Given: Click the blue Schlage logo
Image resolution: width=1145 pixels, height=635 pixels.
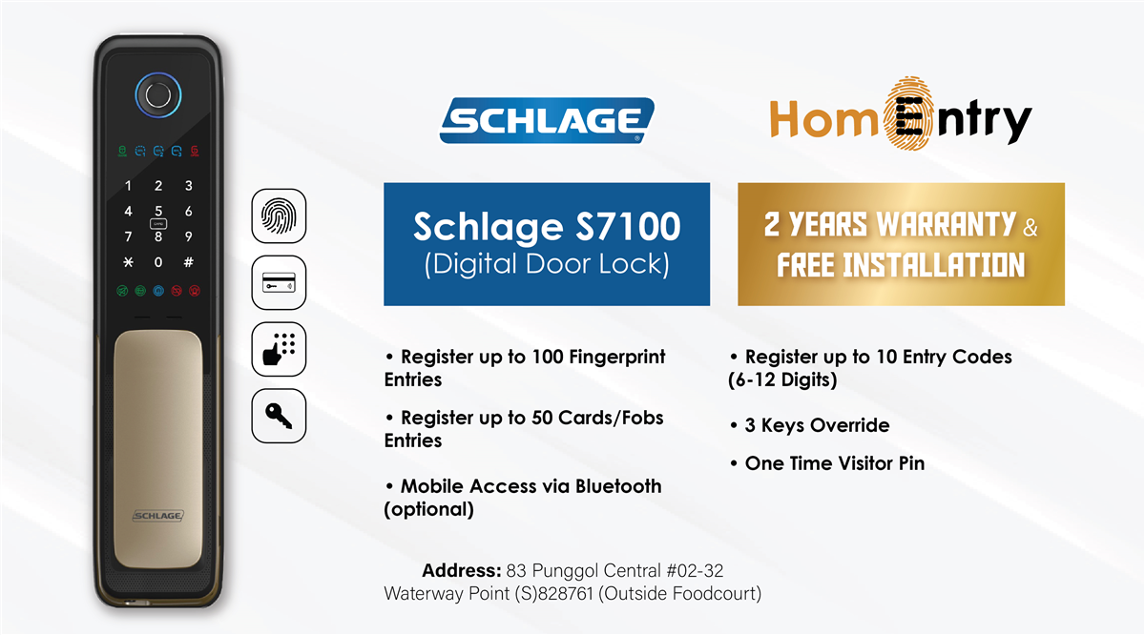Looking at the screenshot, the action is point(547,120).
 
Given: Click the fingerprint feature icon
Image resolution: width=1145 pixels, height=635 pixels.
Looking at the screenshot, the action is point(279,215).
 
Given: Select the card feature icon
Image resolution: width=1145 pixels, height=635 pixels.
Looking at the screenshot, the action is point(279,282).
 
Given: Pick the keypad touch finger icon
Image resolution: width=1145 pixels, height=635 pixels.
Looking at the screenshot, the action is point(279,349).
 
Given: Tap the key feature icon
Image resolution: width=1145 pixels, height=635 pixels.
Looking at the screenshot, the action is point(279,416).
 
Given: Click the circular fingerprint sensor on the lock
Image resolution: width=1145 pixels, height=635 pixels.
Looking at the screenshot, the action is point(158,95).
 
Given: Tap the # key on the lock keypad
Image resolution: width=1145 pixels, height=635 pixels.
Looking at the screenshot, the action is point(189,262).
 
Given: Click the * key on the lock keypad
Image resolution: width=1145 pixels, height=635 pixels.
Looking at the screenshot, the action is point(128,262).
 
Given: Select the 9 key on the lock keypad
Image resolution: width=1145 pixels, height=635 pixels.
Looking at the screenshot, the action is point(189,236).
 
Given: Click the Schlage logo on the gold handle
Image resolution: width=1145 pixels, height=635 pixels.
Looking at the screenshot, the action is point(158,516).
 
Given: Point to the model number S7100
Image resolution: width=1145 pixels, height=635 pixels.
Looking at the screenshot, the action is point(628,226).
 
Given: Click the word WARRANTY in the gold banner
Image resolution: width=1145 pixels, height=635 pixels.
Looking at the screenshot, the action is point(947,224).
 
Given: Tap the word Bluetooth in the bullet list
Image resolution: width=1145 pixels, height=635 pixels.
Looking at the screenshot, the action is point(618,486).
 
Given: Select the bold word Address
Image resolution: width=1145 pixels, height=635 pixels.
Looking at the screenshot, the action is point(462,570).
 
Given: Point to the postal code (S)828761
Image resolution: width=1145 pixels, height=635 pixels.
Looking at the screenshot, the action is point(553,594).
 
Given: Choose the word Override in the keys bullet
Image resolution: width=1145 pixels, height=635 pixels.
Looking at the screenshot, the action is point(850,425).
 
